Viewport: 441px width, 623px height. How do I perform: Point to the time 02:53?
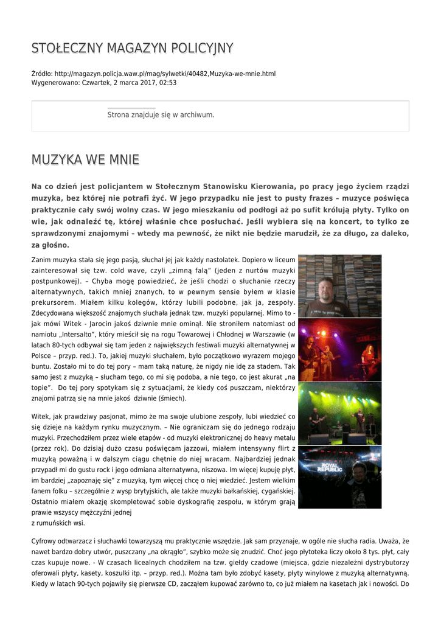click(168, 82)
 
